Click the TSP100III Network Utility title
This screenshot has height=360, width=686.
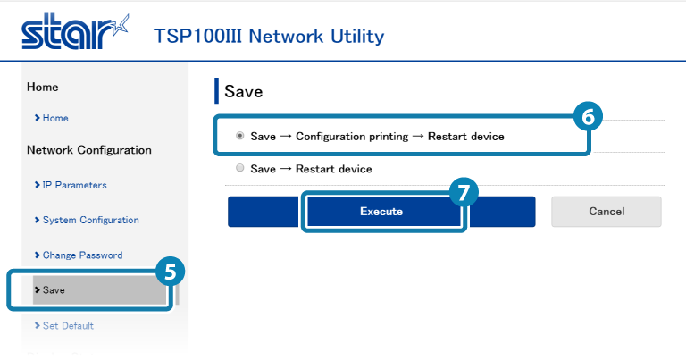269,36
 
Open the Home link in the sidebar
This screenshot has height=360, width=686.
54,118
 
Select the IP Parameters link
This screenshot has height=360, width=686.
74,185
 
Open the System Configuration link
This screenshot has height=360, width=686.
90,220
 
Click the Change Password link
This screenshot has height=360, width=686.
82,255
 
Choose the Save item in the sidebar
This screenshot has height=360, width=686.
54,290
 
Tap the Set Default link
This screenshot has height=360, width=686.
68,325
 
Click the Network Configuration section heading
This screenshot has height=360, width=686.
89,150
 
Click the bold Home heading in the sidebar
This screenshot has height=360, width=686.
43,87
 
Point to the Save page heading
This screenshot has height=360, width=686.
243,92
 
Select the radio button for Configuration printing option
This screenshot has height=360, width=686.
239,137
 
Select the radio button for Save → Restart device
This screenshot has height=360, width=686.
239,168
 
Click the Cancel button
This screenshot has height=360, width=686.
606,212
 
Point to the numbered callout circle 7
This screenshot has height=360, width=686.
464,193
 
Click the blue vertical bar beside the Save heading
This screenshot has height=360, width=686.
216,91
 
